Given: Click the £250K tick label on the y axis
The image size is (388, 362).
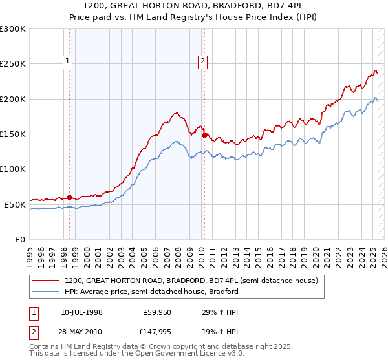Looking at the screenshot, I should click(x=13, y=64).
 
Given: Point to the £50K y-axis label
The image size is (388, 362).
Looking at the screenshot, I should click(x=15, y=204).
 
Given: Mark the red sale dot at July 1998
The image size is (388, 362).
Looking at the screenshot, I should click(x=69, y=197).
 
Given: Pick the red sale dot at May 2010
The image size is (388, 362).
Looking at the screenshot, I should click(x=204, y=136).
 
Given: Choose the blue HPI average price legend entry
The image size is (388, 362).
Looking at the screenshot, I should click(x=151, y=292).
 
